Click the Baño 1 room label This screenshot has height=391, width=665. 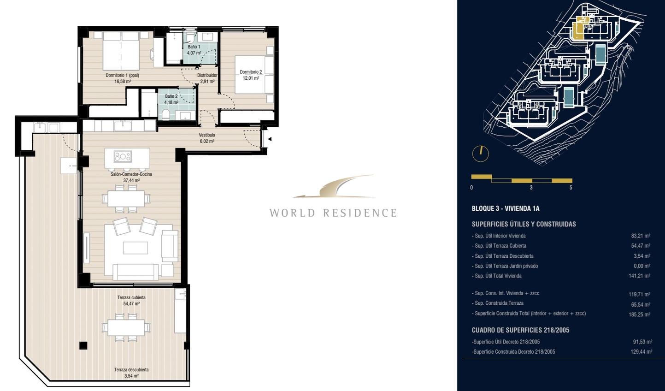[194, 47]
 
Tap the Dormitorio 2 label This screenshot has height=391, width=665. [251, 72]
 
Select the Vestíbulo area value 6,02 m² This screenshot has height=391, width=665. [207, 142]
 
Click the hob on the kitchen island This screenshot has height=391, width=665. [123, 157]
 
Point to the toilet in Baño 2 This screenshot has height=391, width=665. [166, 114]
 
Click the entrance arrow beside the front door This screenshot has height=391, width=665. [270, 139]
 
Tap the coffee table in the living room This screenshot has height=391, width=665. [135, 248]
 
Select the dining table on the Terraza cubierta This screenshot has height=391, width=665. [126, 327]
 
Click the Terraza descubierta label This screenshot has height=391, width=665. [131, 370]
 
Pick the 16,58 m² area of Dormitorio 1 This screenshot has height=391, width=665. [123, 82]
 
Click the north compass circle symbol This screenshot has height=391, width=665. [480, 154]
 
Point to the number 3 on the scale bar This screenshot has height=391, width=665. [531, 188]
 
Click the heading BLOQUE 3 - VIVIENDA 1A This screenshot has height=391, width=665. [506, 208]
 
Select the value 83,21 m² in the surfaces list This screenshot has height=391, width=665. [641, 236]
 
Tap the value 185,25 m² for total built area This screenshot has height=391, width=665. [640, 314]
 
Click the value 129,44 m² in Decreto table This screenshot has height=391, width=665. [641, 352]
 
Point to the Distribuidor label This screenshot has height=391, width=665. [207, 76]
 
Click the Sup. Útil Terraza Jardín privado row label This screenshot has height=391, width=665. [505, 266]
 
